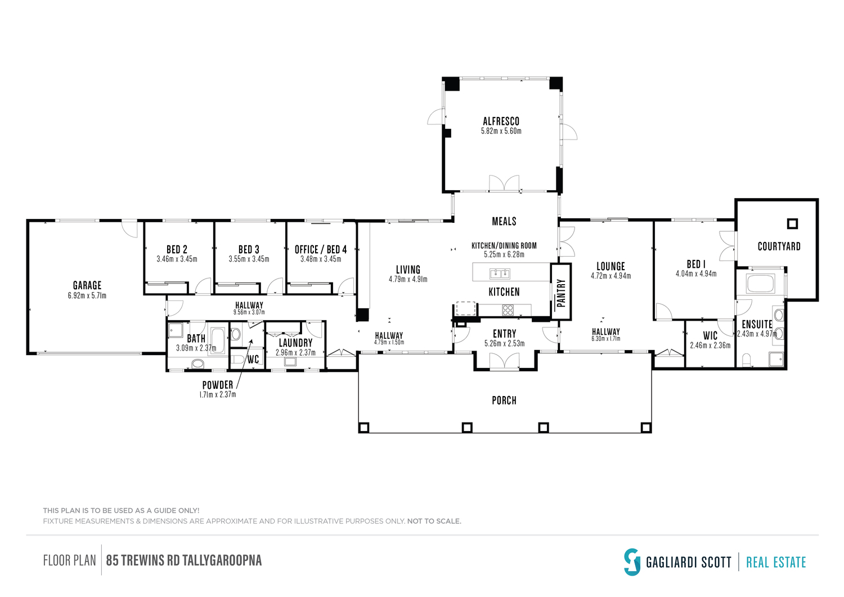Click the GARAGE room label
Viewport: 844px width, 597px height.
click(87, 285)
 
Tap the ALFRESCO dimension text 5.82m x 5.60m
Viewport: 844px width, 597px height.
click(501, 131)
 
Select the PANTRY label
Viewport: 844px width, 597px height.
click(561, 293)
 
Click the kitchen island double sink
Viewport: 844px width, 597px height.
click(500, 273)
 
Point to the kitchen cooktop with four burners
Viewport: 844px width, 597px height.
click(508, 310)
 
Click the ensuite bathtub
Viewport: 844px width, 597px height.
click(761, 284)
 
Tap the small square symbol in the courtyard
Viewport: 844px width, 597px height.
click(792, 224)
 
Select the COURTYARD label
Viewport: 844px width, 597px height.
click(779, 246)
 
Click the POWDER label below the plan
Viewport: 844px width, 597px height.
click(218, 385)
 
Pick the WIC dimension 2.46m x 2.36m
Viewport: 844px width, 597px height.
click(710, 345)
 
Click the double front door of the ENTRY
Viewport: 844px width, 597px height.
click(504, 362)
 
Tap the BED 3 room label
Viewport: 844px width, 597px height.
click(249, 249)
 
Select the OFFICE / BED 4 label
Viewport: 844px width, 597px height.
click(321, 249)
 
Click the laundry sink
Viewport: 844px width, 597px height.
click(290, 361)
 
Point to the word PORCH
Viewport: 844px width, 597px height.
click(504, 400)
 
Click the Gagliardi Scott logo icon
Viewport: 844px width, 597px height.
click(632, 562)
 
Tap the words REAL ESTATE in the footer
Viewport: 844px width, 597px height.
click(776, 562)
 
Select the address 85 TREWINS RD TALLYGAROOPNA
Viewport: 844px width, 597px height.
click(184, 560)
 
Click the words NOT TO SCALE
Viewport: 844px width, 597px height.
click(434, 521)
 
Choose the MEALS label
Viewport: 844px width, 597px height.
click(504, 221)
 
